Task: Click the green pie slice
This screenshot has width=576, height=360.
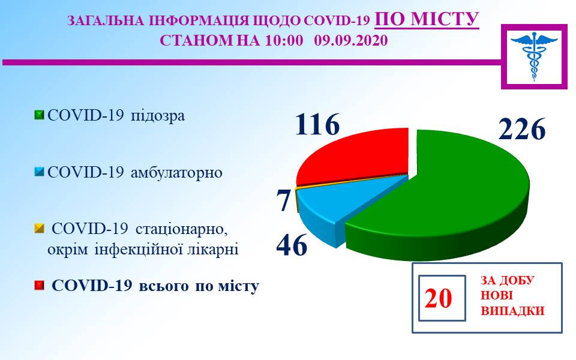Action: click(x=441, y=199)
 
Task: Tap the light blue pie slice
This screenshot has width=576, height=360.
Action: click(x=338, y=206)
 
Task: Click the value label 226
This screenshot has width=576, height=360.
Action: click(x=522, y=129)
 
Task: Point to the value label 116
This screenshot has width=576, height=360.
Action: click(x=318, y=124)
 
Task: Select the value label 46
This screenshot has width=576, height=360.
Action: click(x=292, y=245)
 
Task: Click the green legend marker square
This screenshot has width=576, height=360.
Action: click(x=39, y=115)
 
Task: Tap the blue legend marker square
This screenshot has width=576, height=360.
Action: click(x=39, y=172)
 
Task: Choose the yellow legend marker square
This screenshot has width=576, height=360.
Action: click(x=39, y=229)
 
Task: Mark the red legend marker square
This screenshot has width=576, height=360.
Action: click(x=39, y=286)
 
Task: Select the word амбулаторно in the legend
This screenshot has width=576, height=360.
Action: click(x=176, y=173)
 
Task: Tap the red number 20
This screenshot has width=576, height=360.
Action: click(x=438, y=298)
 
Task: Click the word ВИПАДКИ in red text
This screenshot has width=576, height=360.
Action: click(x=512, y=311)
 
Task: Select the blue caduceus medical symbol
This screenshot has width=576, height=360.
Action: click(x=534, y=56)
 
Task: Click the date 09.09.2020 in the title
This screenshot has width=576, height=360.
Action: click(x=351, y=40)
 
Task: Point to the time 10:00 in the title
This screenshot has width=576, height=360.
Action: click(x=284, y=40)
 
